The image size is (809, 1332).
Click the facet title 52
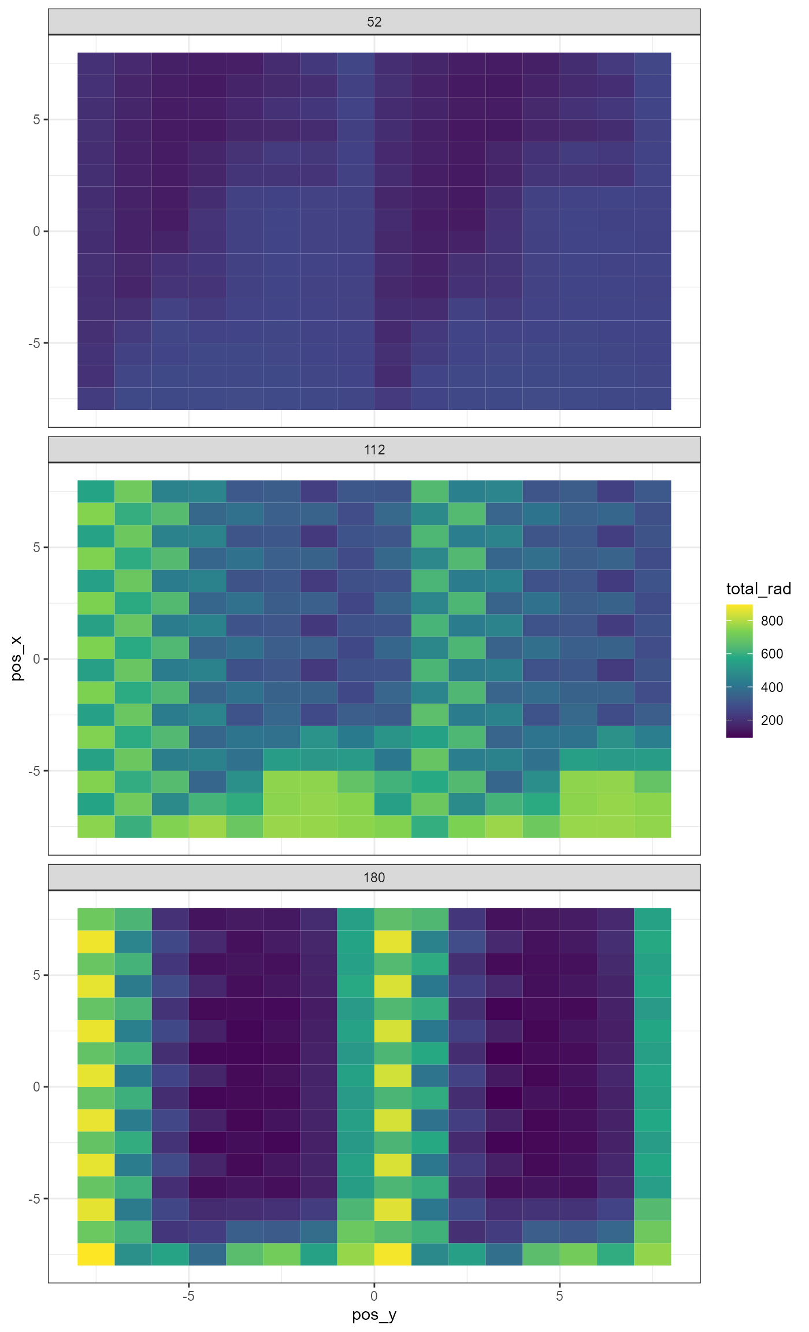click(374, 22)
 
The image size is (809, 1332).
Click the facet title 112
click(374, 450)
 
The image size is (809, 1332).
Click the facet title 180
click(374, 878)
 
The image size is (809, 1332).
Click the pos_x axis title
click(17, 658)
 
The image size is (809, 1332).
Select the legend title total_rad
click(758, 589)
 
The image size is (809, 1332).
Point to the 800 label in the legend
click(772, 621)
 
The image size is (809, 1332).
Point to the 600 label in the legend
click(772, 654)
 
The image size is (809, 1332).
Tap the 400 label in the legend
click(772, 687)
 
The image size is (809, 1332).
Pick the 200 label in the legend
click(772, 720)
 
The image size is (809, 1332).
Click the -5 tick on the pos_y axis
click(188, 1296)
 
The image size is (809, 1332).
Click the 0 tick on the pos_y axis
click(374, 1296)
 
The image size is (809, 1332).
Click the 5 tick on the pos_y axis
click(559, 1296)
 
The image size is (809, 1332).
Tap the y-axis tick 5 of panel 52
click(37, 120)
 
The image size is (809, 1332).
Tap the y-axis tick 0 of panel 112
click(37, 659)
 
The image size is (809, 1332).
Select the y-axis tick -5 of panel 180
click(35, 1198)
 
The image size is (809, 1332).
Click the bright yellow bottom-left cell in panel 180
click(96, 1254)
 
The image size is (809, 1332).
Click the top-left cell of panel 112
click(96, 491)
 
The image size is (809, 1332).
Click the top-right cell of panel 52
click(652, 64)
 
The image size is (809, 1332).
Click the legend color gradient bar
click(739, 671)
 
